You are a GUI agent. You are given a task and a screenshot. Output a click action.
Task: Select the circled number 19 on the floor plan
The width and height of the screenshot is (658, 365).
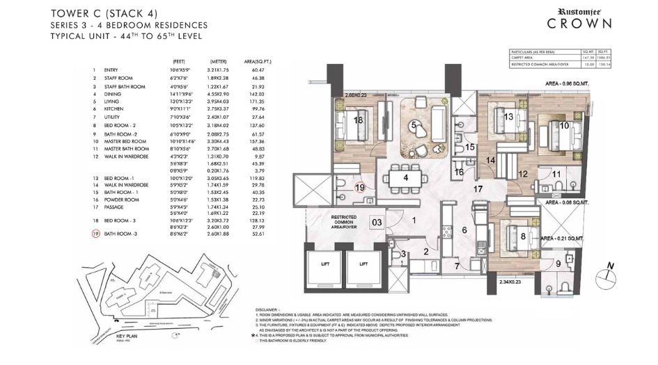360,187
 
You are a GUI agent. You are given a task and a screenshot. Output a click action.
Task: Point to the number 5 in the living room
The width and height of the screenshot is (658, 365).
414,124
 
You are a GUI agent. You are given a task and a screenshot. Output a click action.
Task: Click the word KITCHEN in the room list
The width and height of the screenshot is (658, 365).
116,109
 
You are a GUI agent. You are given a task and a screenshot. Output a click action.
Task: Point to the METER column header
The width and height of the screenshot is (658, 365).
218,60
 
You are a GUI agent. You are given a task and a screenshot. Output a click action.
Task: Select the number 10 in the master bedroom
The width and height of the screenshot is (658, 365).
564,126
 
